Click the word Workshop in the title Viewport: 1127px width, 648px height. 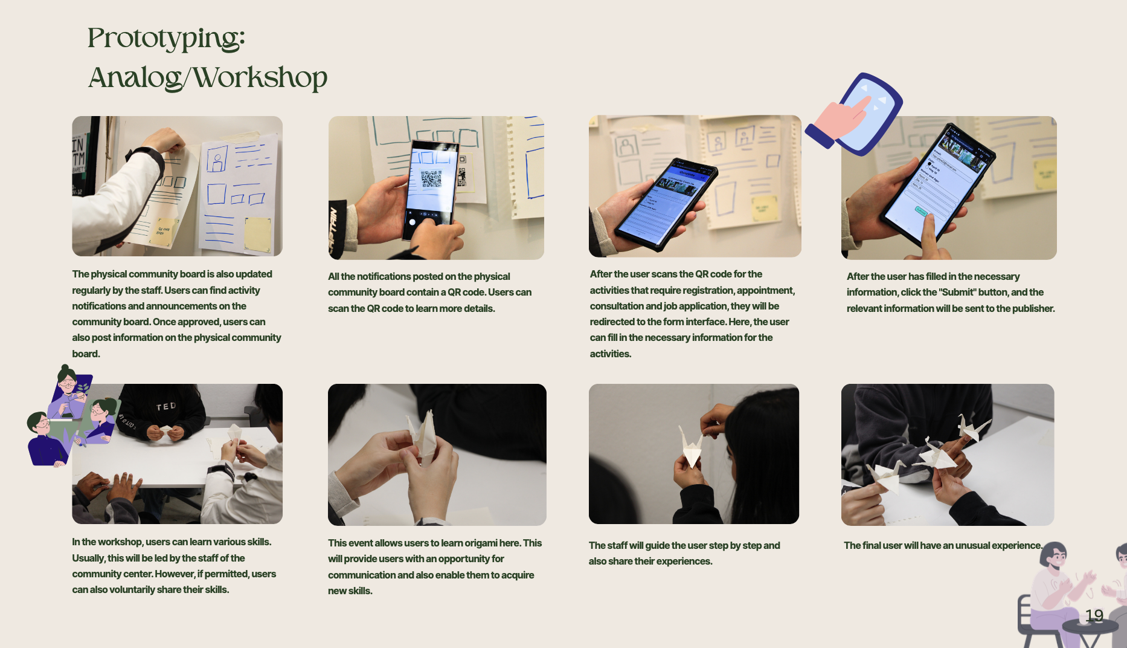[260, 77]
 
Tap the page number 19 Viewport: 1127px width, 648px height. [1094, 615]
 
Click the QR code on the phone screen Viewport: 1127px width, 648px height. [431, 178]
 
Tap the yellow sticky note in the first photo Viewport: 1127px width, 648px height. [258, 234]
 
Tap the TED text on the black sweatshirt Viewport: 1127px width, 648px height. [166, 407]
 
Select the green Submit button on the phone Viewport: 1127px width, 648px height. [921, 211]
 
